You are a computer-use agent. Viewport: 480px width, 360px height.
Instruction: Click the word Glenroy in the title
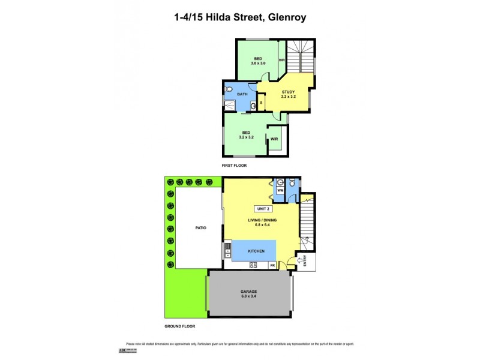pos(286,17)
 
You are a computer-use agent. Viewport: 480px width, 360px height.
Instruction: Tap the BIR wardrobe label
pos(281,60)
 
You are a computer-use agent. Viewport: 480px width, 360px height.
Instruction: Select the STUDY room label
pos(289,92)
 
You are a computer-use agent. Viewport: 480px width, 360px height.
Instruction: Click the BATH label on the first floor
pos(242,95)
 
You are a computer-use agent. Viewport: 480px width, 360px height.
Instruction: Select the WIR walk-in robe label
pos(274,139)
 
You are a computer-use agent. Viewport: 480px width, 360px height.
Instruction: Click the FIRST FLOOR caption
pos(235,165)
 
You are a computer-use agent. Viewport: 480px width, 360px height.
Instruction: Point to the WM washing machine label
pos(280,190)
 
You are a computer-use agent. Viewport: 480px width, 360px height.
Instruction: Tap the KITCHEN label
pos(256,251)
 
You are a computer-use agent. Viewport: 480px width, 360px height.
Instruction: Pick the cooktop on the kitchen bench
pos(253,265)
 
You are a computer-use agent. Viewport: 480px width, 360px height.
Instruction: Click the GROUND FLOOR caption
pos(180,326)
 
